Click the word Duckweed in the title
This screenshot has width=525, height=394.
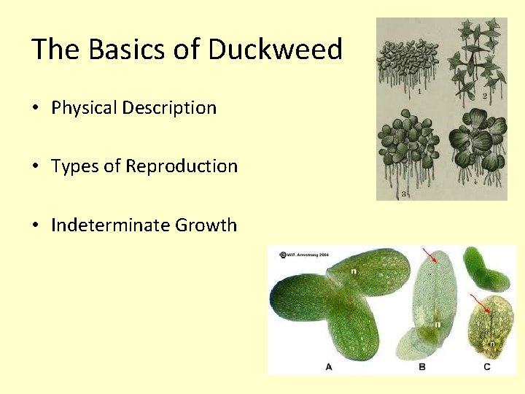[x=275, y=50]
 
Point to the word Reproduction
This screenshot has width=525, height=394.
[x=182, y=166]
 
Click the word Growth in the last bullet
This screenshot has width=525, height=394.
[x=206, y=225]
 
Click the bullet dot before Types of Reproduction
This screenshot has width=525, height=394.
[x=35, y=167]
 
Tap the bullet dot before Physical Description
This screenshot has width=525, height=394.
[x=35, y=109]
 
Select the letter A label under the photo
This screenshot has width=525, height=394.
[x=329, y=366]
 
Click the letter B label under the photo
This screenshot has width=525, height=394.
[x=422, y=366]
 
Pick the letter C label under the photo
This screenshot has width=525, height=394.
[x=487, y=366]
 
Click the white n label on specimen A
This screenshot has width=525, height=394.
[x=354, y=271]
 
